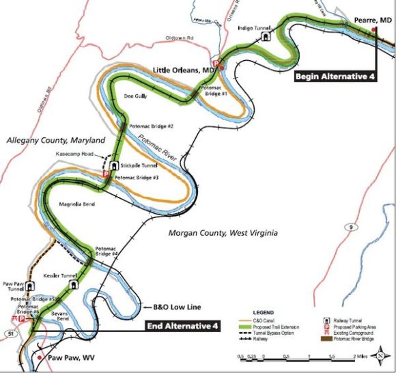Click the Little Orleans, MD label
180,68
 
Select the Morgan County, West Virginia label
223,233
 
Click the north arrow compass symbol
385,357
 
